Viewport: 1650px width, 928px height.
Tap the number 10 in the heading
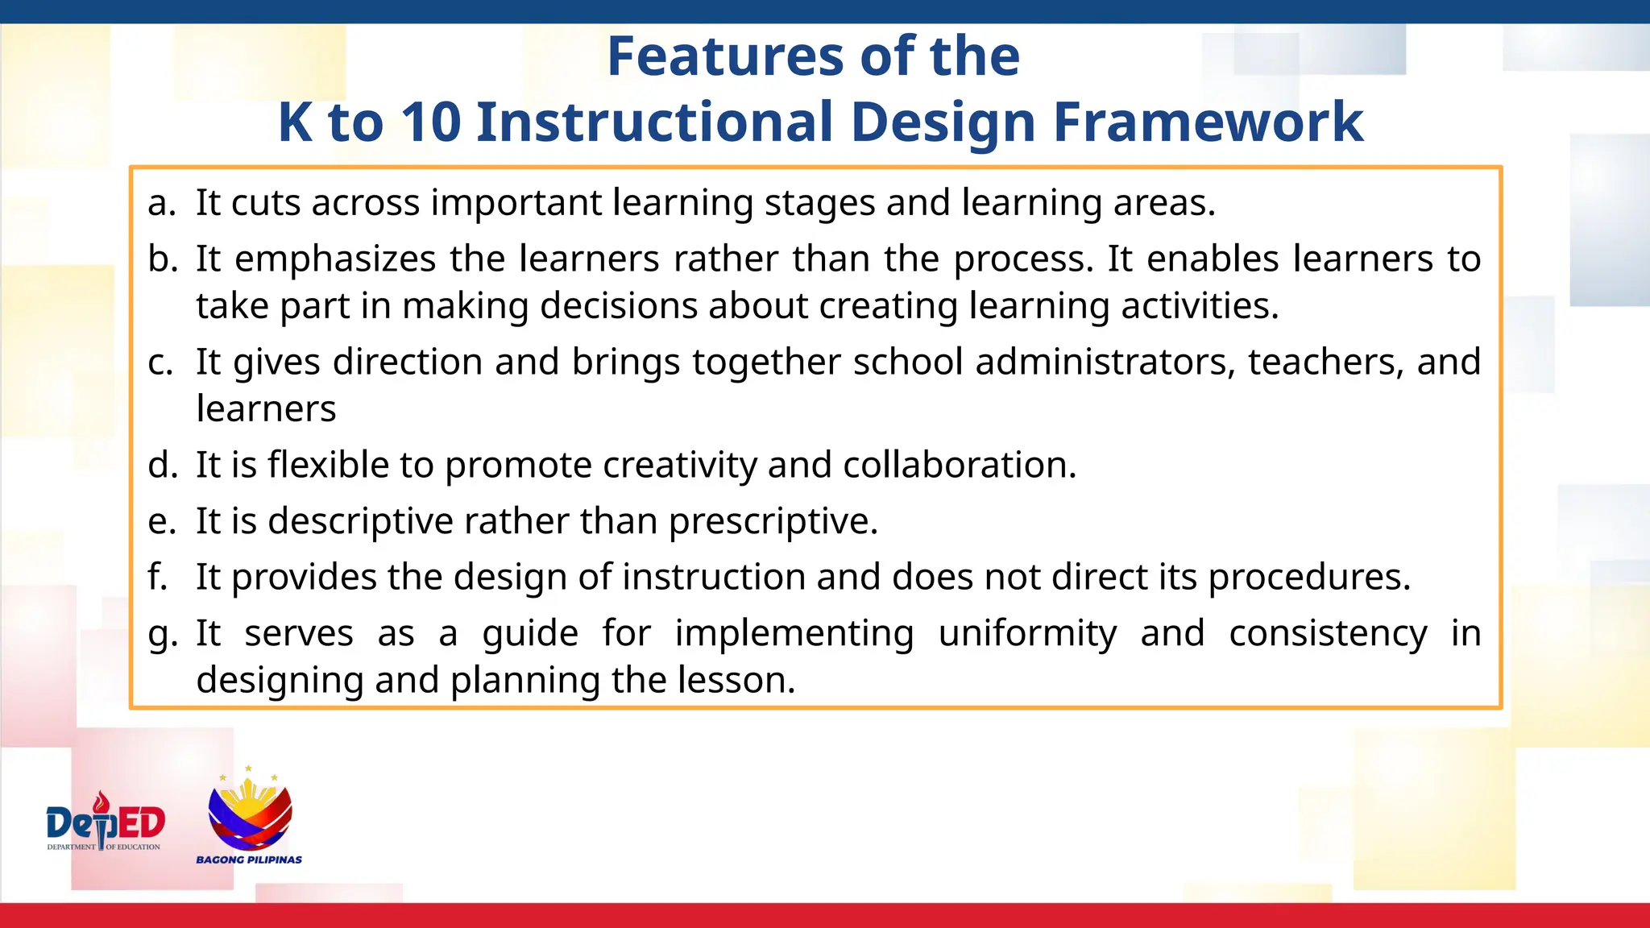tap(431, 122)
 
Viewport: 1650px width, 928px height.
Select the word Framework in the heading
tap(1208, 122)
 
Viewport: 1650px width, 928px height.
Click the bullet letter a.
tap(160, 203)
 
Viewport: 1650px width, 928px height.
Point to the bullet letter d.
tap(162, 465)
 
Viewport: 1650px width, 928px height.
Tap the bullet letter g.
tap(162, 635)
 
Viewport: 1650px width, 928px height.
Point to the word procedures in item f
tap(1308, 578)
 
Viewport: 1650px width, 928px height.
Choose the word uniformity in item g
tap(1027, 633)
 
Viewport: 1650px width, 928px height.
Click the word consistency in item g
tap(1328, 633)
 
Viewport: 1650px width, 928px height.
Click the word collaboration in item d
tap(959, 465)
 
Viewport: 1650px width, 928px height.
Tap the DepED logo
tap(106, 822)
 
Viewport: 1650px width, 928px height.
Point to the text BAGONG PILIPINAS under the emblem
tap(249, 860)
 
